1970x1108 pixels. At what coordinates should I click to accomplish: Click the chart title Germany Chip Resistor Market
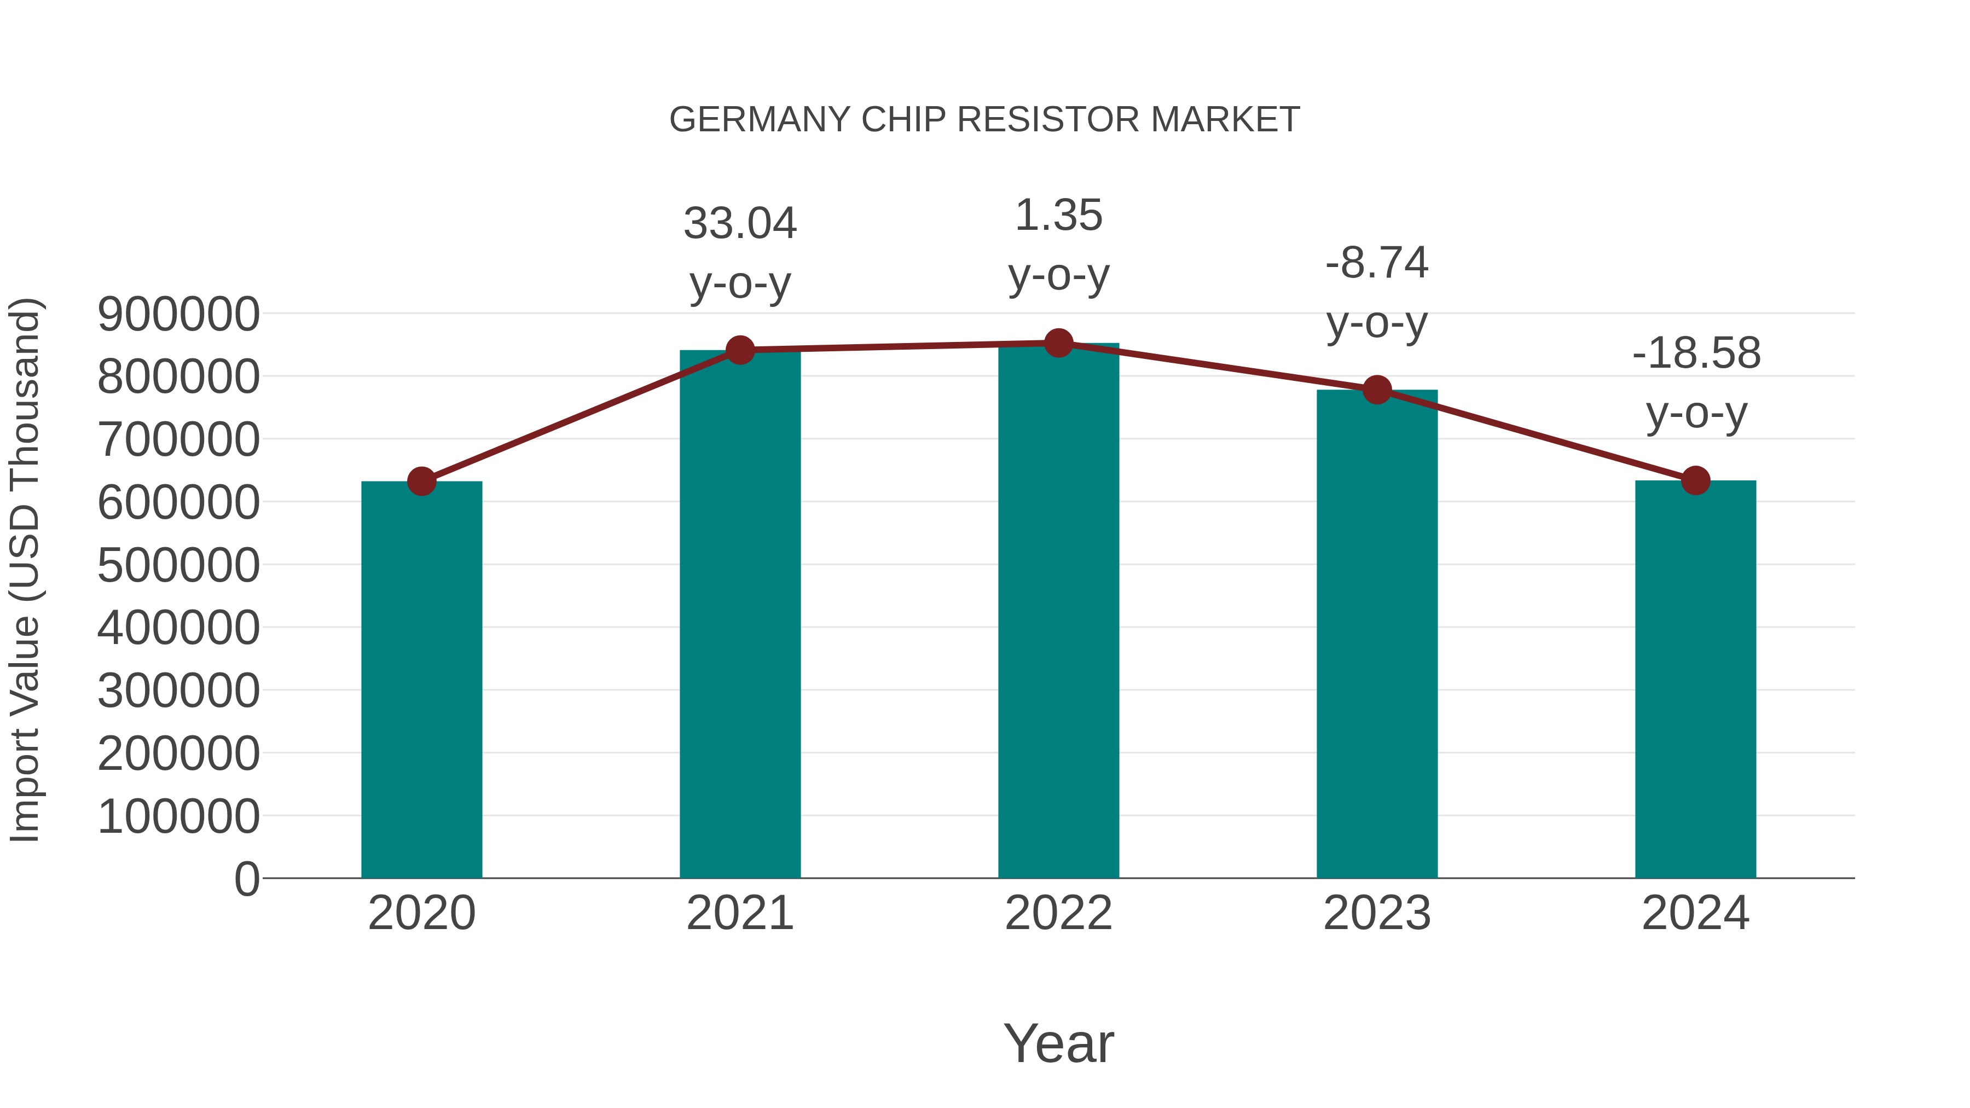(984, 120)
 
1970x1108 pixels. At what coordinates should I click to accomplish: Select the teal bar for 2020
(421, 681)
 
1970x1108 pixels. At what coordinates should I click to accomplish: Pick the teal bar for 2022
(1058, 612)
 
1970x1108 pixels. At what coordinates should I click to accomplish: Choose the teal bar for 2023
(1377, 635)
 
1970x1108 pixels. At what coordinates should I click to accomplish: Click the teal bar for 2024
(1695, 681)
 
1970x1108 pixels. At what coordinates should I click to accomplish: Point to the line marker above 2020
(421, 482)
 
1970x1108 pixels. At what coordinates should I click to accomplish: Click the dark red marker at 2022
(1058, 343)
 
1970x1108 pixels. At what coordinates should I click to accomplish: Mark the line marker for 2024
(1695, 480)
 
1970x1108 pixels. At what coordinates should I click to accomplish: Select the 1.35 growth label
(1058, 216)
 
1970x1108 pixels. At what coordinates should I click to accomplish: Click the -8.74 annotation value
(1377, 263)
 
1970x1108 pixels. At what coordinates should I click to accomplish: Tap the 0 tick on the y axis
(246, 879)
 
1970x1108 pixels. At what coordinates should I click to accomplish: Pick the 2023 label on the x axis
(1377, 913)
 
